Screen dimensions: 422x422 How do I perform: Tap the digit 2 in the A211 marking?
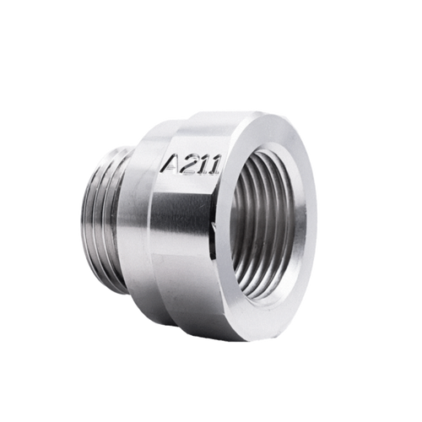point(188,164)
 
